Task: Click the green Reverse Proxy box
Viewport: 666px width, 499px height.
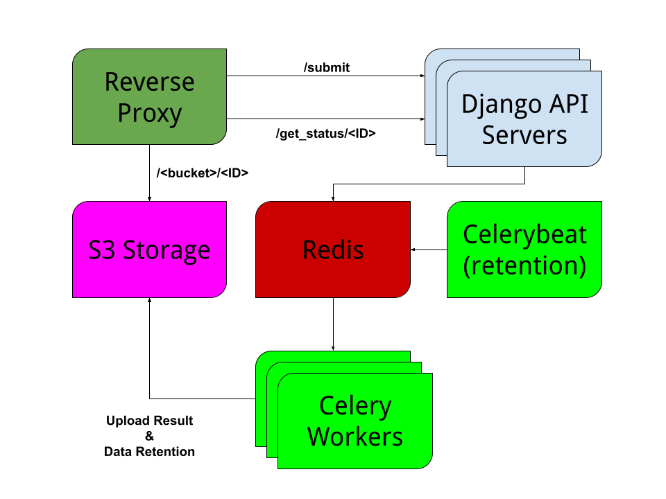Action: pyautogui.click(x=150, y=96)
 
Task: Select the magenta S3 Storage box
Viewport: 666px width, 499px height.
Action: pyautogui.click(x=150, y=249)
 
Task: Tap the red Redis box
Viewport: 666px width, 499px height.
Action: pyautogui.click(x=333, y=249)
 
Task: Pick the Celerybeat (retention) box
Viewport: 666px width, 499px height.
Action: pyautogui.click(x=524, y=249)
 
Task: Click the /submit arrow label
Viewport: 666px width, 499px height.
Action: pyautogui.click(x=326, y=67)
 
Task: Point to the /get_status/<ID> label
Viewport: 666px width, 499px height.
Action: pyautogui.click(x=325, y=134)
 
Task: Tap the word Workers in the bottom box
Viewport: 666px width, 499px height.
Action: pyautogui.click(x=355, y=437)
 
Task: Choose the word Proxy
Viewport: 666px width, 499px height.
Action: pyautogui.click(x=150, y=112)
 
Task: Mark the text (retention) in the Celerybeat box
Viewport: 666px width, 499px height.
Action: pyautogui.click(x=524, y=265)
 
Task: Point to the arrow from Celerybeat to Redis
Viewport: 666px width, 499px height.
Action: pyautogui.click(x=429, y=249)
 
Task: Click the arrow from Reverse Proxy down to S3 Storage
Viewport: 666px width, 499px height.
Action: pyautogui.click(x=150, y=173)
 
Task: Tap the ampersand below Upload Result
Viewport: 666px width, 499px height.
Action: pyautogui.click(x=149, y=436)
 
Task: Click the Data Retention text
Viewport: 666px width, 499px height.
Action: pyautogui.click(x=149, y=452)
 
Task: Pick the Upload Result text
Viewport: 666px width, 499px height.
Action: pyautogui.click(x=149, y=421)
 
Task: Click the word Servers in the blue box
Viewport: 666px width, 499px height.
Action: pyautogui.click(x=524, y=134)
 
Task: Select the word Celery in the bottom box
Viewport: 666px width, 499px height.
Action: pyautogui.click(x=355, y=406)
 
